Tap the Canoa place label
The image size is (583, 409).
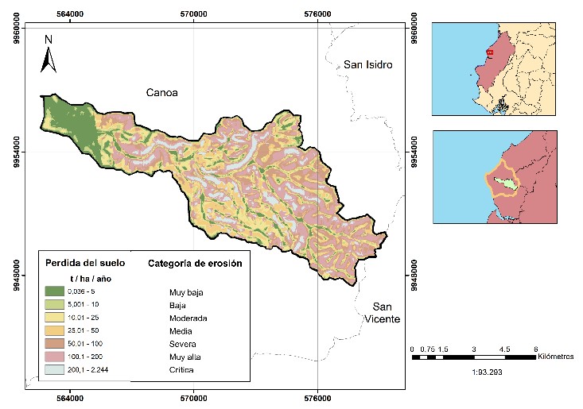[x=162, y=93]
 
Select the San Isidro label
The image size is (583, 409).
[x=368, y=65]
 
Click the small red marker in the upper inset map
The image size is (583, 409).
[x=490, y=52]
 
